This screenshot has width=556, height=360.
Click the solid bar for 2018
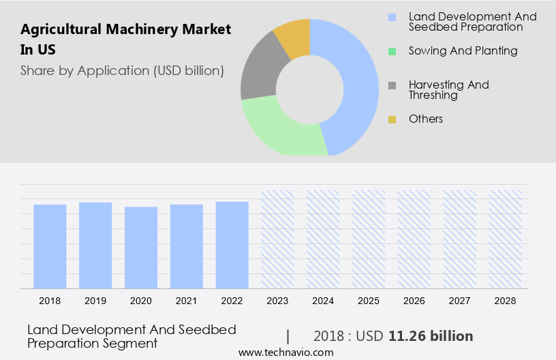coord(50,246)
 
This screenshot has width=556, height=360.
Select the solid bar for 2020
coord(141,247)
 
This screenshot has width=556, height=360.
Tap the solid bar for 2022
coord(232,245)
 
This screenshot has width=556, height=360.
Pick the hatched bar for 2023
coord(278,239)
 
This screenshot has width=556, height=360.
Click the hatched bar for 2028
coord(506,239)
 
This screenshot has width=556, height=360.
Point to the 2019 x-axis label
coord(95,301)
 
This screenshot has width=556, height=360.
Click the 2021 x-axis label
coord(187,301)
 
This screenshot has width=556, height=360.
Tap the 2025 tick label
coord(369,301)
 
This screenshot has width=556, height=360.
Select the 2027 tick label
coord(460,301)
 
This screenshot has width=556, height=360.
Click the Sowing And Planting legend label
coord(463,50)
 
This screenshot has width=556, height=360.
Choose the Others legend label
coord(426,119)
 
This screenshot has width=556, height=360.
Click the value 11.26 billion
coord(431,336)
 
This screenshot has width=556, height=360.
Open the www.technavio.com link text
coord(286,352)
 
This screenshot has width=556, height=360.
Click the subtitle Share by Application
coord(122,70)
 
